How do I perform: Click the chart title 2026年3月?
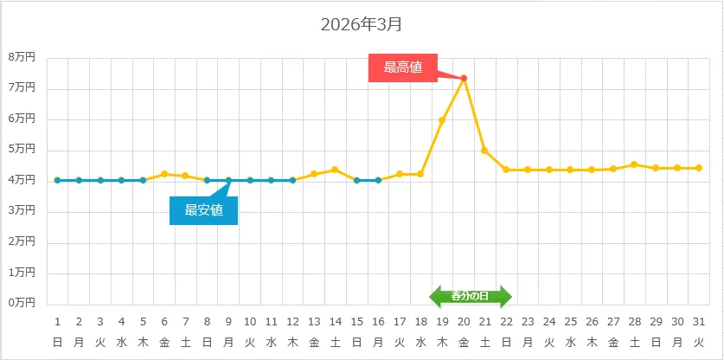pyautogui.click(x=361, y=24)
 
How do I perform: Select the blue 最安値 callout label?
pyautogui.click(x=203, y=209)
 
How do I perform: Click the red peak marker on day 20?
pyautogui.click(x=464, y=78)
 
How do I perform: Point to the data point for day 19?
pyautogui.click(x=442, y=120)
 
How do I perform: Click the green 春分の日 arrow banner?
pyautogui.click(x=471, y=296)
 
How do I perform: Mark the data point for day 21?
pyautogui.click(x=484, y=151)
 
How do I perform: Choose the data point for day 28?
pyautogui.click(x=634, y=164)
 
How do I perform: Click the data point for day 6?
pyautogui.click(x=164, y=174)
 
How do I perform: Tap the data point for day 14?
pyautogui.click(x=335, y=170)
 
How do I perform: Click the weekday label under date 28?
pyautogui.click(x=634, y=342)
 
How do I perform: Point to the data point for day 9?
pyautogui.click(x=228, y=180)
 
